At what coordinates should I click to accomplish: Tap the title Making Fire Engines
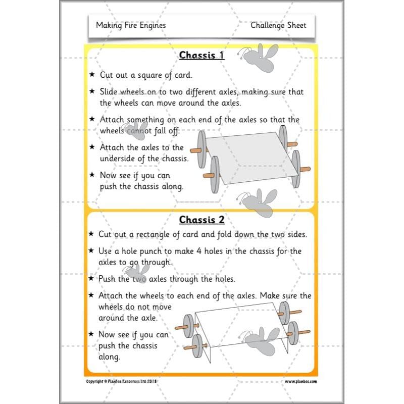131,25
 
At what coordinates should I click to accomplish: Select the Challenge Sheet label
278,25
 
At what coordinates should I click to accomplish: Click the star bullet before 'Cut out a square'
92,74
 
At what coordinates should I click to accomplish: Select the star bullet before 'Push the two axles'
92,279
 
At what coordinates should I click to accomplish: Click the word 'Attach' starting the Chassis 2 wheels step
113,296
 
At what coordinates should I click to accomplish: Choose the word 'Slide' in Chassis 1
111,92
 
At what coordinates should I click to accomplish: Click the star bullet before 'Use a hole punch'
92,251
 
